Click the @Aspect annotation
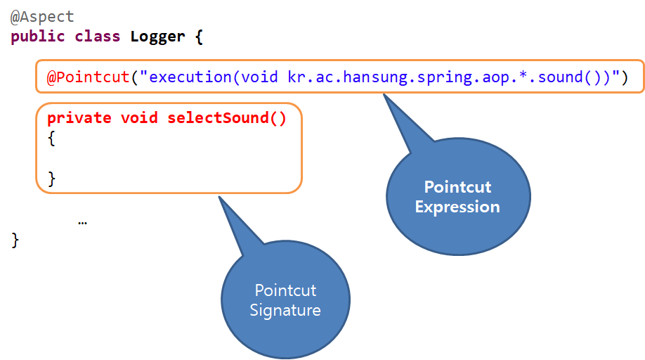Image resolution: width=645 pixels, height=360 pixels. coord(42,16)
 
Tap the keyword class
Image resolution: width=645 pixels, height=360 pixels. coord(96,37)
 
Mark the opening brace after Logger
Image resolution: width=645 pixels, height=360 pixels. coord(199,37)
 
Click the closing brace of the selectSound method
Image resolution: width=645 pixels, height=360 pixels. coord(51,179)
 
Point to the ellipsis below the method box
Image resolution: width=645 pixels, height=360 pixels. coord(83,221)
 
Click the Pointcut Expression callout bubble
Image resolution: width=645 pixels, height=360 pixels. coord(458,197)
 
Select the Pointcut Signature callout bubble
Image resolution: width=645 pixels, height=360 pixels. coord(285,300)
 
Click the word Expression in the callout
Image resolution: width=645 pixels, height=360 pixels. coord(457,207)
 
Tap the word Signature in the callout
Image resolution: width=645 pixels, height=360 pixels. coord(285,310)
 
